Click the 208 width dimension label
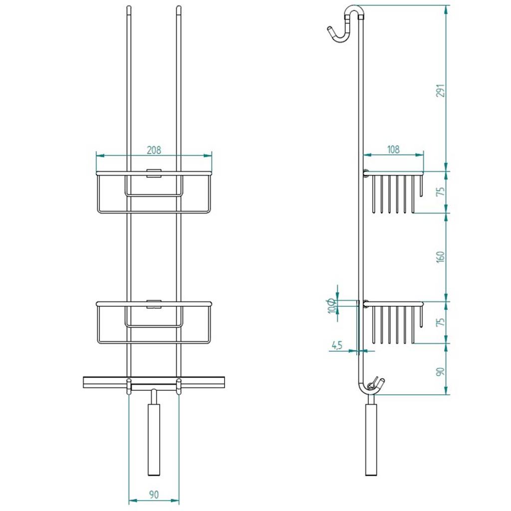(x=154, y=150)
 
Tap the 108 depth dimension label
(x=393, y=150)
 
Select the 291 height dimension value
(x=441, y=91)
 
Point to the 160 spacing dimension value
(x=441, y=257)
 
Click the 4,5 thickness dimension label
(x=337, y=345)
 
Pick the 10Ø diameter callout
(x=332, y=305)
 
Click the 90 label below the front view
(x=154, y=495)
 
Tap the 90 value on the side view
(x=441, y=371)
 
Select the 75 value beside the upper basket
(x=441, y=191)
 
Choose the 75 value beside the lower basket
(x=441, y=322)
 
